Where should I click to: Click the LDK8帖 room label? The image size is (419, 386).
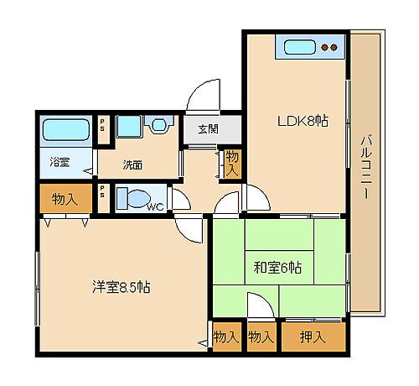coord(303,121)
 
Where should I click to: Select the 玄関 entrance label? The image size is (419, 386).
coord(209,129)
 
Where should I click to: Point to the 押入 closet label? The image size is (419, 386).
coord(313,337)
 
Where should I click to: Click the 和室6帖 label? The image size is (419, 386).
coord(277,269)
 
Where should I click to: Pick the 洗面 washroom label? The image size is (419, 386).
coord(132,164)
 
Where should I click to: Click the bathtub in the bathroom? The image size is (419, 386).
coord(65,130)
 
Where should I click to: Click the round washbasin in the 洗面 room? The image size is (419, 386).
coord(158,127)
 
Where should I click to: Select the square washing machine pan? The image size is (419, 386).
coord(128,127)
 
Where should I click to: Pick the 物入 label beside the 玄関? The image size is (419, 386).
coord(230,163)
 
